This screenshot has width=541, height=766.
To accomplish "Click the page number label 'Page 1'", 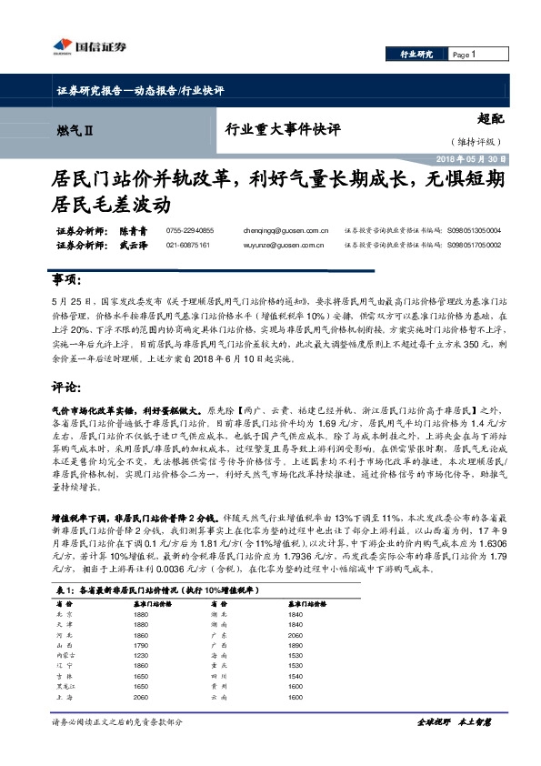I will [464, 55].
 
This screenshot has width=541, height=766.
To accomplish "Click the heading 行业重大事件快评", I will [282, 131].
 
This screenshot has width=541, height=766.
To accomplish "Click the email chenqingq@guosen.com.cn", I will [285, 232].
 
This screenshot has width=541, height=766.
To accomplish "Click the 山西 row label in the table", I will [63, 644].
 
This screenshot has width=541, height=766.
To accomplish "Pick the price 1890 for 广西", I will [294, 644].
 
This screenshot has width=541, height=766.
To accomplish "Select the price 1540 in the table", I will [294, 676].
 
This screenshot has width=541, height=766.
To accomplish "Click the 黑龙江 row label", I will [65, 687].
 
